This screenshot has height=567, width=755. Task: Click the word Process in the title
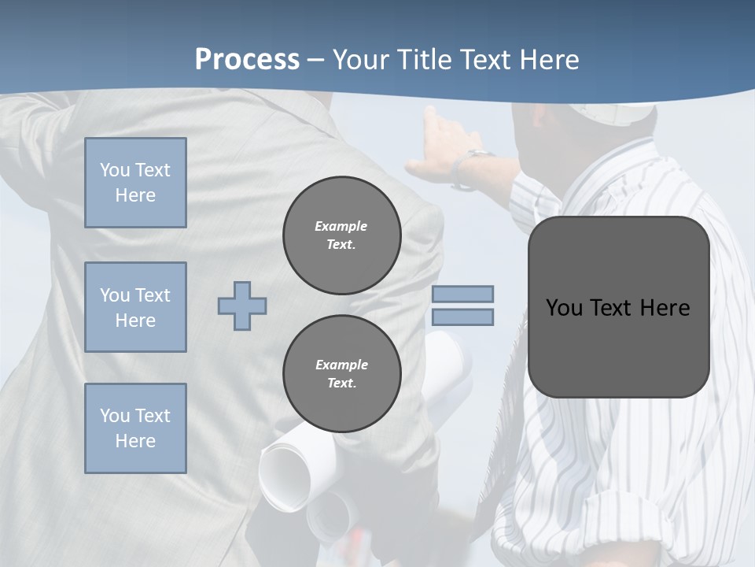[x=247, y=60]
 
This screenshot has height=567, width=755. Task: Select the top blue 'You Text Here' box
[x=135, y=183]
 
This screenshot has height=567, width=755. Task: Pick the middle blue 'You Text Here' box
[x=135, y=307]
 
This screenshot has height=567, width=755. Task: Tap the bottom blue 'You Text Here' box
[x=135, y=428]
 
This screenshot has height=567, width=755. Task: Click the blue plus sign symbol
[x=242, y=306]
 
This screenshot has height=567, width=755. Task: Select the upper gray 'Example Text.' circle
[x=341, y=235]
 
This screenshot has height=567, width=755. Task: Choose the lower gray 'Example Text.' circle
[x=341, y=374]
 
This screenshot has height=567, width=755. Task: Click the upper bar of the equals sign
[x=462, y=294]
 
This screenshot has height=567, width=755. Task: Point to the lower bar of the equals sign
[x=462, y=317]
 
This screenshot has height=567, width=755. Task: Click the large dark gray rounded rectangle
[x=618, y=307]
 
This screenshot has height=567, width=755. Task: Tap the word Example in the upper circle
[x=341, y=226]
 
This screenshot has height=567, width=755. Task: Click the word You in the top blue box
[x=114, y=170]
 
